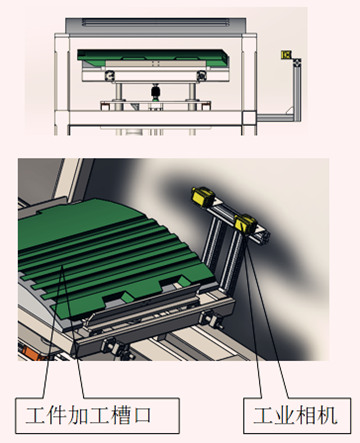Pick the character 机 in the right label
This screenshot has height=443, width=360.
coord(327,415)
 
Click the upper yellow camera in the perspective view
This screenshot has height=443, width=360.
coord(203,196)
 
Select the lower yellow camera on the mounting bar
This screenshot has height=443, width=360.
coord(246,224)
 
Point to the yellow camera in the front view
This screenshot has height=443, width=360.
coord(286,54)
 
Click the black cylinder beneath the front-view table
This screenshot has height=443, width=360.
coord(154,92)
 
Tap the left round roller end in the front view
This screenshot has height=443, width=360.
coord(110,76)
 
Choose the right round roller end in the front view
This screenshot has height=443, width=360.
coord(202,76)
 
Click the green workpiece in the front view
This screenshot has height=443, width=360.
coord(153,56)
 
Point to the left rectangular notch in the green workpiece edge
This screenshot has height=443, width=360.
coord(115,298)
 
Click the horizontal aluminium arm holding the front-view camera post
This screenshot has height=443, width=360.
coord(277,117)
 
